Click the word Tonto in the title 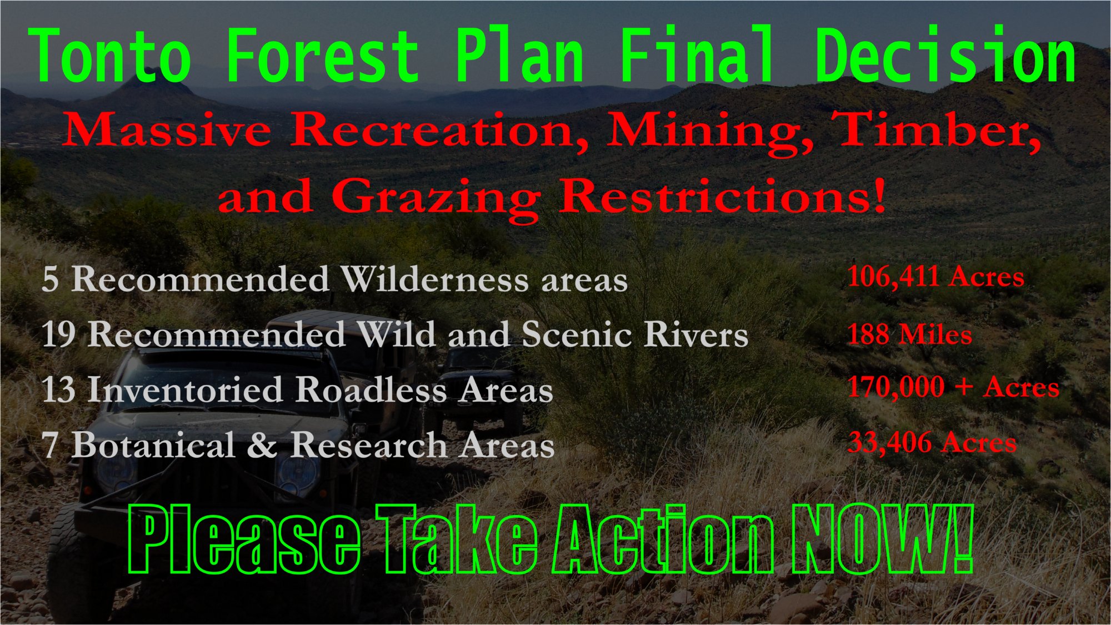click(110, 56)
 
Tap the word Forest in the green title click(323, 56)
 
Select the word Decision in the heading click(945, 54)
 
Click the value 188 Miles click(910, 334)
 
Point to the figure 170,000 click(896, 388)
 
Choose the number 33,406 click(889, 443)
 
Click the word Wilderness click(434, 279)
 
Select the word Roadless click(371, 389)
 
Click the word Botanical click(153, 446)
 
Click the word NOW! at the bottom click(883, 539)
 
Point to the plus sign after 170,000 click(964, 387)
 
